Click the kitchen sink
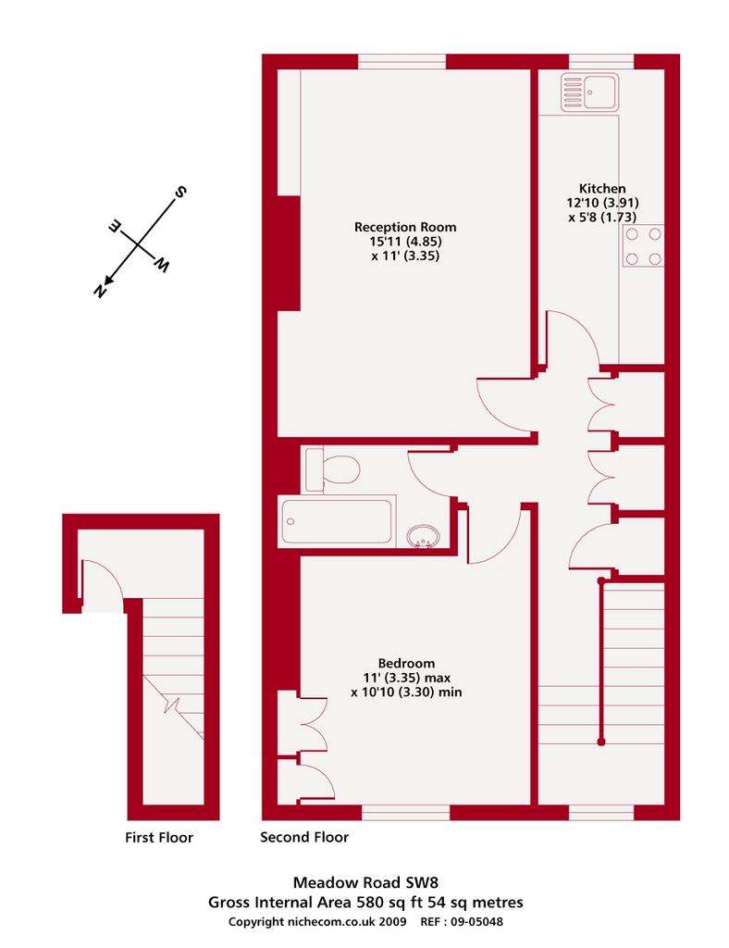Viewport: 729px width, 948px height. click(589, 93)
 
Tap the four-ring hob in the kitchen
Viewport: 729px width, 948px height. click(643, 246)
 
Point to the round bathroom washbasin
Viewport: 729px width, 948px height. click(424, 536)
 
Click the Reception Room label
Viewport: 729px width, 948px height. click(405, 228)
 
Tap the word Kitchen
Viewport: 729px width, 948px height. click(602, 189)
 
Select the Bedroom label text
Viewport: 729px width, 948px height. click(406, 663)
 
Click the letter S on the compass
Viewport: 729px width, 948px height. click(180, 193)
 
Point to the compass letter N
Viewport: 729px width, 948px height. click(100, 291)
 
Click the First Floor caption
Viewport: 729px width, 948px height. click(159, 837)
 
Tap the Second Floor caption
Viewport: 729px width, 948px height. click(304, 837)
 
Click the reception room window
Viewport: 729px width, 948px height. click(402, 62)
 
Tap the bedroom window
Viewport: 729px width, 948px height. click(406, 813)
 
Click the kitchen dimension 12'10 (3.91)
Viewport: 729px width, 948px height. click(602, 203)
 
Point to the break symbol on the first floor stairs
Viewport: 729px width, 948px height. click(172, 705)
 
